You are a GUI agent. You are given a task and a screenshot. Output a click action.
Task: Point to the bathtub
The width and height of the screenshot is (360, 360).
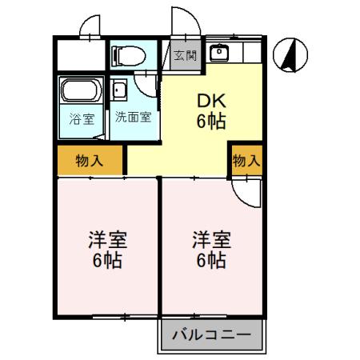coord(79,90)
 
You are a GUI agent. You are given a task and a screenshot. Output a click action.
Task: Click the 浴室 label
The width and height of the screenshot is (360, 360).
coord(80,121)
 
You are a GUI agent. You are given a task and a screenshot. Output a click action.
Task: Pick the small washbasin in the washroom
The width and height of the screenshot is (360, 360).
coord(119,89)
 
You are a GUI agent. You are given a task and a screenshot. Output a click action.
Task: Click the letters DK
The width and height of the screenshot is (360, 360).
coord(210,102)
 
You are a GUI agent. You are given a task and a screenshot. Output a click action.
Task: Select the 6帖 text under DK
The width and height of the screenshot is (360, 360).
coord(210,122)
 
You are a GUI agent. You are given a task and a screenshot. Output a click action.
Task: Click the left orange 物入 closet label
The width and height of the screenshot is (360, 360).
coord(89,161)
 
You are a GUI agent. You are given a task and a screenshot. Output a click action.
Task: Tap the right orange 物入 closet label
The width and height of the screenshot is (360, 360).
coord(246,161)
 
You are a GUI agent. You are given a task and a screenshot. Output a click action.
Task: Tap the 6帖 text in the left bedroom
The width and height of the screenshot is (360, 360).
coord(107,261)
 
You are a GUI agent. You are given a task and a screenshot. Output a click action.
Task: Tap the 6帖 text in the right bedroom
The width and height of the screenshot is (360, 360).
coord(211,261)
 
